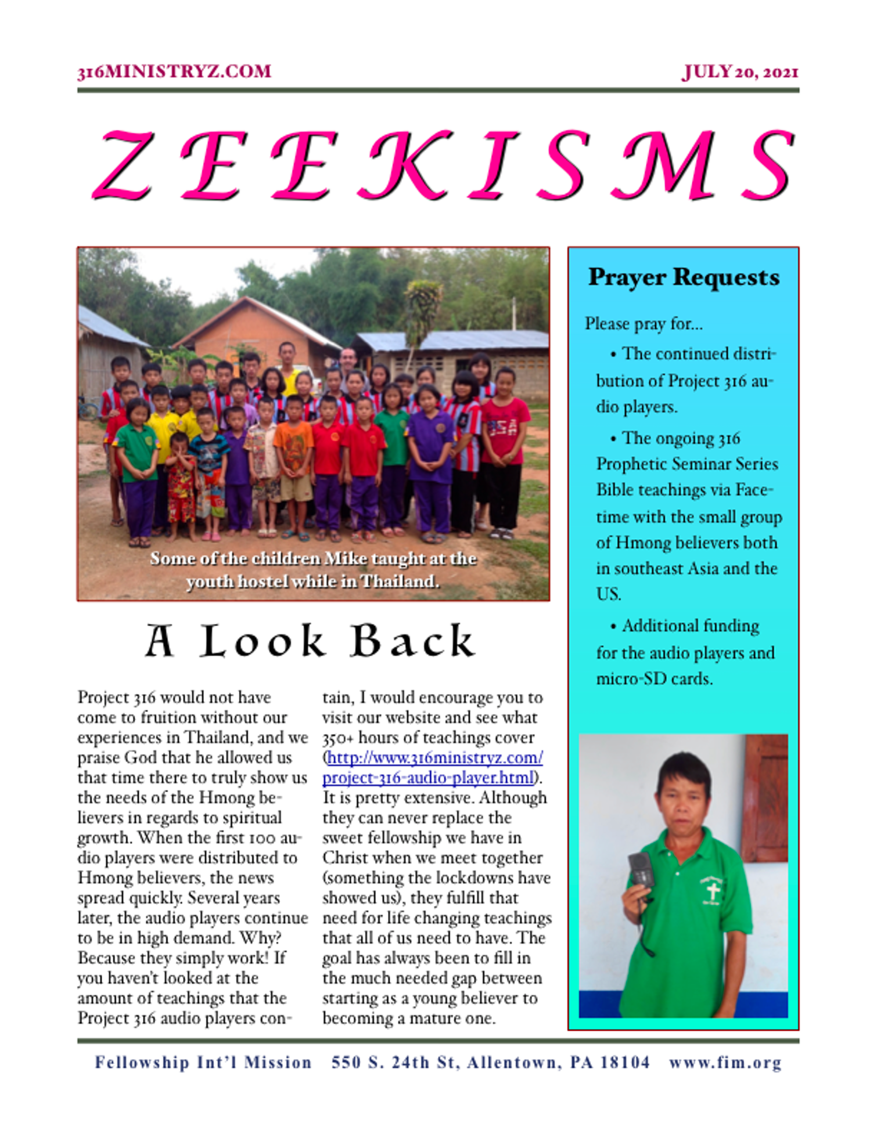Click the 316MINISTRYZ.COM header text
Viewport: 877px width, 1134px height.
coord(174,71)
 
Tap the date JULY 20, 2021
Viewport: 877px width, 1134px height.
coord(740,72)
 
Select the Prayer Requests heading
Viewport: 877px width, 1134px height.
coord(684,277)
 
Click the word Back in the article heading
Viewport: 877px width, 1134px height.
coord(413,641)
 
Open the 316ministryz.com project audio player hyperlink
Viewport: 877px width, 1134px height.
coord(432,768)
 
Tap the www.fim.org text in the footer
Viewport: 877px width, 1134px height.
coord(725,1063)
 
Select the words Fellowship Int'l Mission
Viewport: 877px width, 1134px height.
coord(203,1063)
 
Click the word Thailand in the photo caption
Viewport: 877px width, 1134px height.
coord(398,581)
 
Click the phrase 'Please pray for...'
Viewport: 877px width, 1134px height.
coord(644,324)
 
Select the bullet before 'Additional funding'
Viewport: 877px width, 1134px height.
coord(613,627)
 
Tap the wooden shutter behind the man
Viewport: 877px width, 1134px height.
coord(765,795)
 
